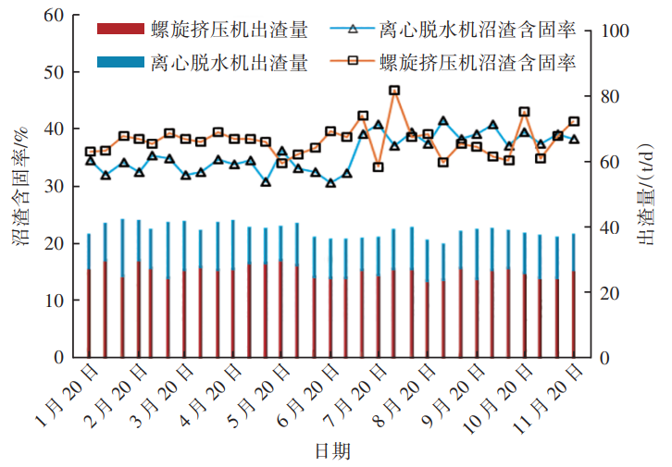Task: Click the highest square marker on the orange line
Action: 394,91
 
